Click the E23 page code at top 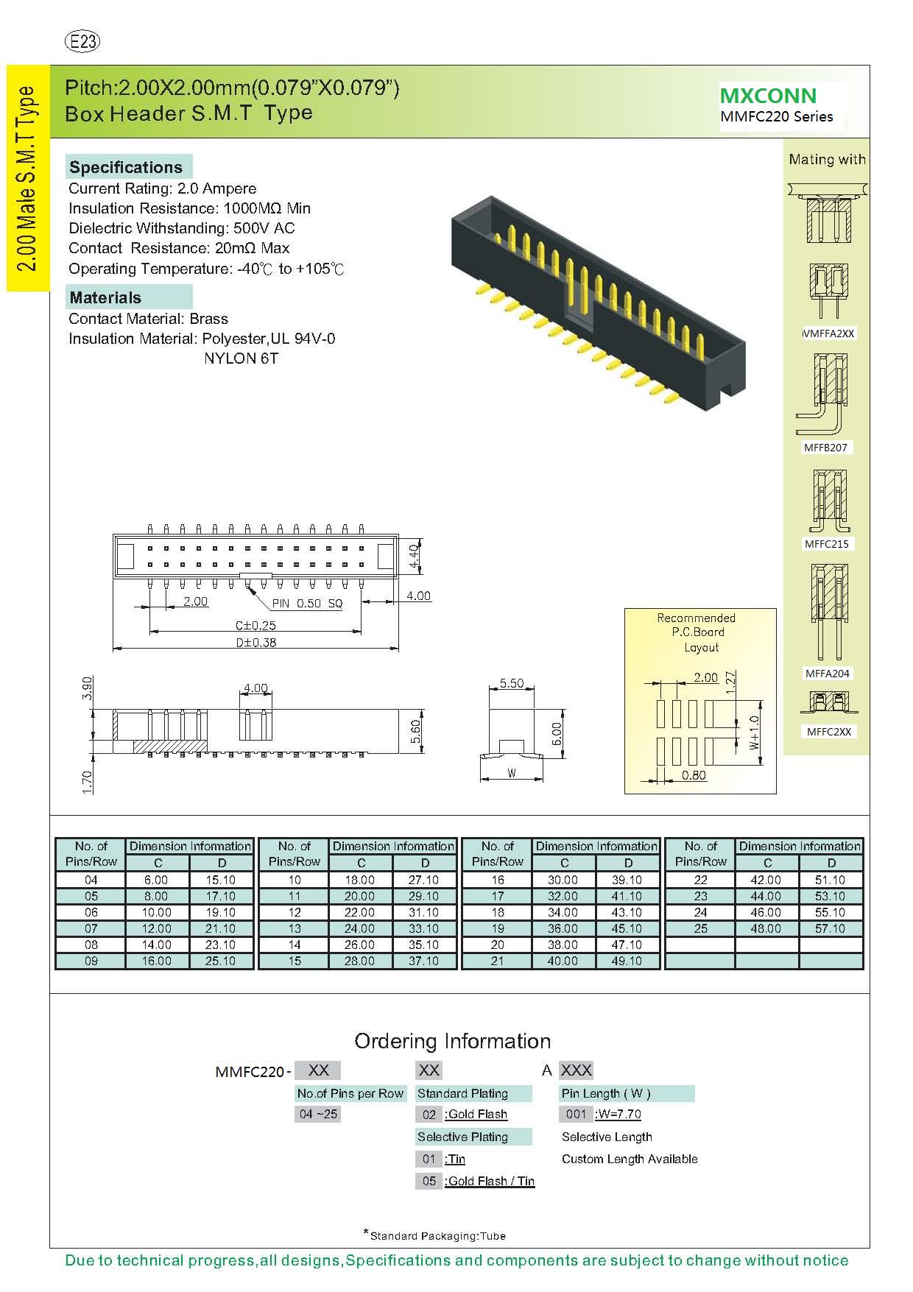point(82,42)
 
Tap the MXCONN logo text point(768,96)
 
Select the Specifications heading point(126,167)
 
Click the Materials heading point(105,297)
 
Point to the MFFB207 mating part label point(825,448)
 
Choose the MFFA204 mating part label point(827,674)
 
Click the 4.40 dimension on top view point(415,557)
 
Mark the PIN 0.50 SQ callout point(308,604)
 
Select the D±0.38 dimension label point(256,643)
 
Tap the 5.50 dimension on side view point(512,683)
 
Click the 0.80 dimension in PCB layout point(694,775)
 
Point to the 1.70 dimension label point(88,782)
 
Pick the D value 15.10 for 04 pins point(220,880)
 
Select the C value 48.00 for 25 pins point(766,929)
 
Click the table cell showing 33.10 point(423,929)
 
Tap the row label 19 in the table point(498,929)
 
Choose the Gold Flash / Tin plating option point(490,1182)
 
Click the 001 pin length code point(576,1115)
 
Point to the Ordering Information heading point(452,1041)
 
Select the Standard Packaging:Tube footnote point(437,1236)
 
